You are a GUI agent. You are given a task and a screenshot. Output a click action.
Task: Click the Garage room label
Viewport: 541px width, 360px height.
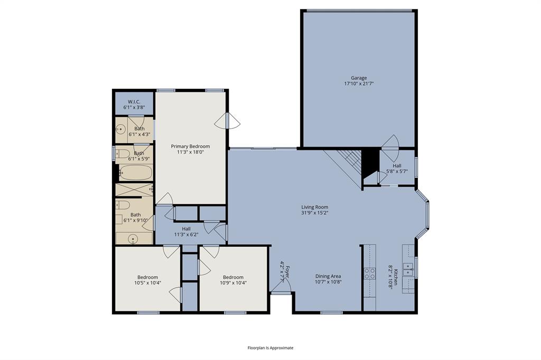[359, 78]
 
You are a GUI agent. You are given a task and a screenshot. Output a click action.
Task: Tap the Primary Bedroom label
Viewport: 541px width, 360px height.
[190, 146]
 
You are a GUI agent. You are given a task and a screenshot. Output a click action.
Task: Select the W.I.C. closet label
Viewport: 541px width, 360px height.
[134, 102]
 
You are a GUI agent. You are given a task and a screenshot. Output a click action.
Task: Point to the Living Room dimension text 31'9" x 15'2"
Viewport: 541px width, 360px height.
[315, 213]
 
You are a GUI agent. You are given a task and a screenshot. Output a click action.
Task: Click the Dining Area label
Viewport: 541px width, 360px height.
[328, 276]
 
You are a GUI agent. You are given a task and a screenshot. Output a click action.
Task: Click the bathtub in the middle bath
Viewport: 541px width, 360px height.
[135, 173]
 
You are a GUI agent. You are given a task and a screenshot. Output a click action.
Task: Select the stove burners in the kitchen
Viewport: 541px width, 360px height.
[369, 274]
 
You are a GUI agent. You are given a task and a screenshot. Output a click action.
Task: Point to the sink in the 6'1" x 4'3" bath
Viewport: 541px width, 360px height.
[121, 128]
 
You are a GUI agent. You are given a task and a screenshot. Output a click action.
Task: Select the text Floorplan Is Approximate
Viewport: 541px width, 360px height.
[270, 348]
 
